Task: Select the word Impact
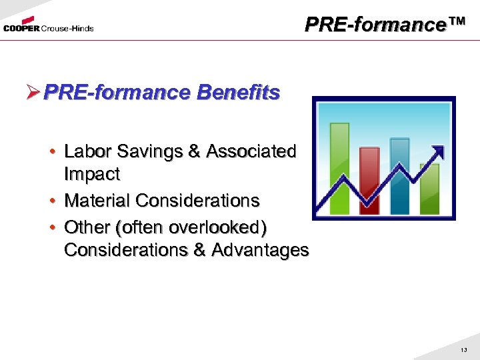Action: coord(91,174)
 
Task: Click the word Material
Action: coord(97,200)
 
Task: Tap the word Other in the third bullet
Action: coord(87,227)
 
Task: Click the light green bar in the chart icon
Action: coord(339,169)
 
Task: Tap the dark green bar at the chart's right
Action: coord(430,190)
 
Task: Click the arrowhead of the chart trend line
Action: coord(438,150)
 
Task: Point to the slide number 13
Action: coord(464,350)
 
